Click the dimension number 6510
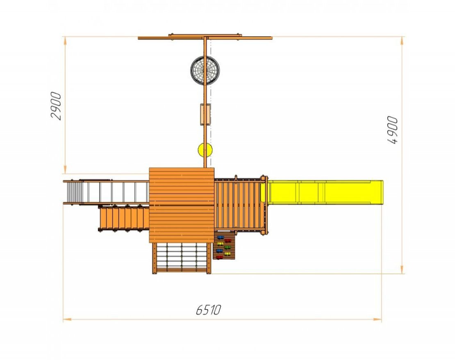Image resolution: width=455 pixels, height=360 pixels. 208,310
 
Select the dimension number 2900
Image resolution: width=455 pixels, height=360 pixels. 56,106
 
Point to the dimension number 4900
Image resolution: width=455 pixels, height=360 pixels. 392,130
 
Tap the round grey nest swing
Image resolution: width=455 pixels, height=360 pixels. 205,71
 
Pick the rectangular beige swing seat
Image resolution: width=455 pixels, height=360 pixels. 205,114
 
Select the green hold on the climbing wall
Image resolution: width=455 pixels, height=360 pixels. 227,247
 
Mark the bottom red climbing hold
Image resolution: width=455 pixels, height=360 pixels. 220,257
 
